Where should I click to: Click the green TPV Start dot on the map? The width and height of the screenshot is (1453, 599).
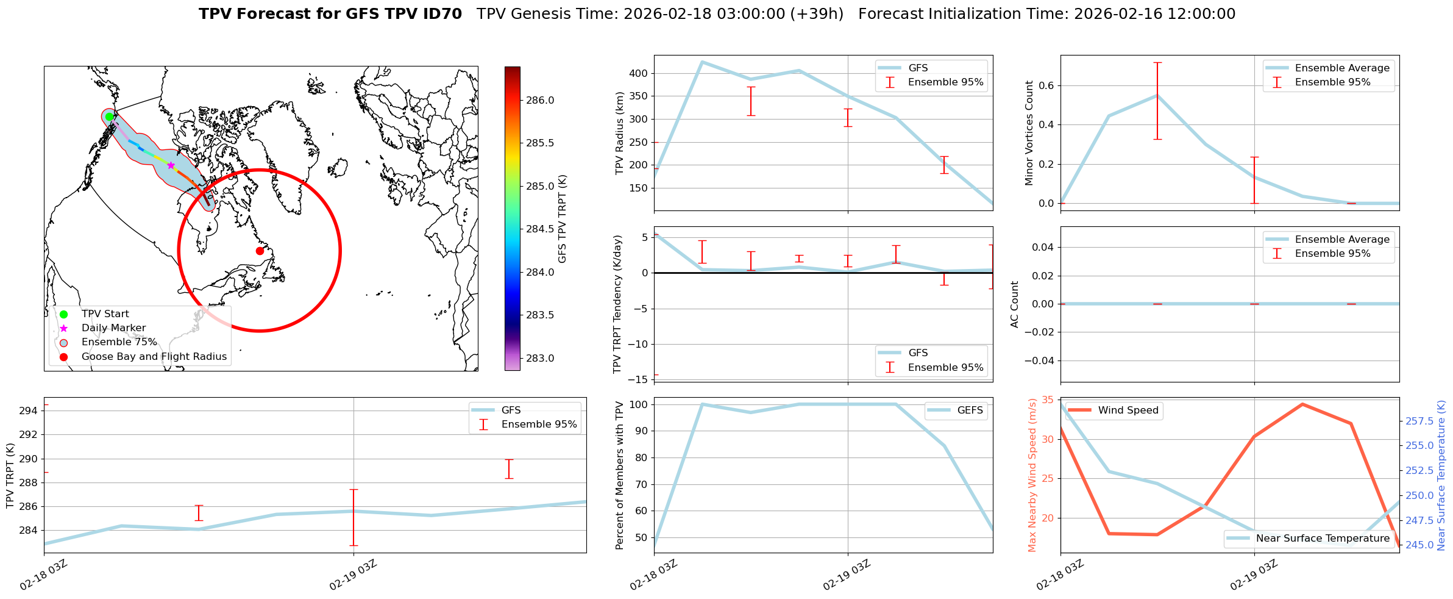click(x=109, y=117)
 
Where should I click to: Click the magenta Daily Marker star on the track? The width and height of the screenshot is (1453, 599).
click(x=171, y=165)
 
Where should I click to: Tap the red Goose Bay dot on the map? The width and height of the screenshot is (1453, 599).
click(x=260, y=251)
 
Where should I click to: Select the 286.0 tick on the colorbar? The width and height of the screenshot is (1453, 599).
click(x=540, y=100)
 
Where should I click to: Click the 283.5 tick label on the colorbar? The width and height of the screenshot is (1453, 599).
click(x=540, y=315)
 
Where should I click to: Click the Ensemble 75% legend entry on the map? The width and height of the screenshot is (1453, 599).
click(x=119, y=342)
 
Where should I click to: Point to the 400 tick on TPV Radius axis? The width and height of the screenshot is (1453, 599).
click(x=638, y=73)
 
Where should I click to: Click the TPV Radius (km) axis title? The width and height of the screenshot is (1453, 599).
click(x=620, y=133)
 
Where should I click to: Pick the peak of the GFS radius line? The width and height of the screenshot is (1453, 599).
click(x=702, y=62)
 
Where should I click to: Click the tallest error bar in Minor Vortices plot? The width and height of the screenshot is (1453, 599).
click(x=1157, y=101)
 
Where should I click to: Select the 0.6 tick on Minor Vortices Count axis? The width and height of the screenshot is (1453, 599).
click(x=1046, y=85)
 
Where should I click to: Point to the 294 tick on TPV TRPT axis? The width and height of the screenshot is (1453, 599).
click(x=28, y=411)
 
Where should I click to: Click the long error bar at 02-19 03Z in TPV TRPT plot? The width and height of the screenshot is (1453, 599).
click(x=353, y=517)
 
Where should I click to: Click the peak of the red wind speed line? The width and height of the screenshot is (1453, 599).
click(x=1302, y=404)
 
